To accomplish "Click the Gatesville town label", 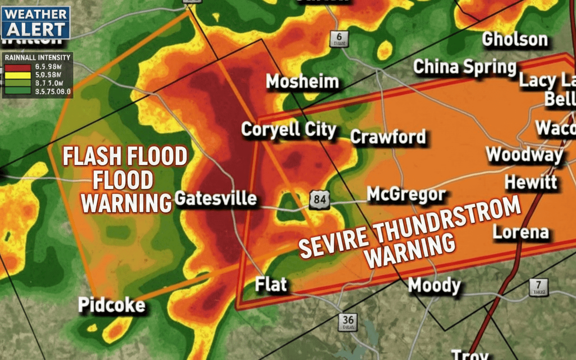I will tap(215, 198).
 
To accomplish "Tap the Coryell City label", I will tap(288, 130).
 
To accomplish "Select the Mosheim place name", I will tap(302, 82).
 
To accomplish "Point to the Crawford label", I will tap(388, 137).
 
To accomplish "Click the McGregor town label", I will tap(406, 195).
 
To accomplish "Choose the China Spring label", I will tap(464, 67).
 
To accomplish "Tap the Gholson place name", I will tap(515, 40).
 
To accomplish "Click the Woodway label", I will tap(525, 155).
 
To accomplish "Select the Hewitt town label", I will tap(531, 182).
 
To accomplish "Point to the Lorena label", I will tap(521, 232).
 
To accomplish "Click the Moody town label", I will tap(434, 285).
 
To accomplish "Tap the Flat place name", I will tap(271, 284).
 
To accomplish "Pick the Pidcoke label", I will tap(112, 305).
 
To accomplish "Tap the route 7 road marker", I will tap(539, 287).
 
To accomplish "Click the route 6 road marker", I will tap(338, 39).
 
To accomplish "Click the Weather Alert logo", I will tap(36, 22).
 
